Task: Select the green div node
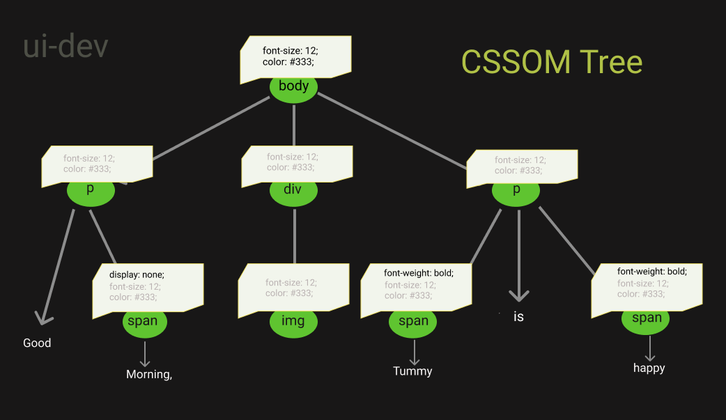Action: coord(293,191)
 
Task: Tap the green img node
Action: coord(293,322)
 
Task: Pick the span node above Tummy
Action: coord(413,322)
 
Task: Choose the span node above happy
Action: coord(646,319)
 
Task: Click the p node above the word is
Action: coord(516,191)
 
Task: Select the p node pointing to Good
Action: coord(91,191)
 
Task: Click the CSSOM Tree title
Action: coord(552,63)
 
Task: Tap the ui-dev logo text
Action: coord(65,47)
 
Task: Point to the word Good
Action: coord(37,343)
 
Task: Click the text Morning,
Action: coord(149,375)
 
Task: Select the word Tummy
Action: coord(412,371)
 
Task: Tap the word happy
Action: coord(649,368)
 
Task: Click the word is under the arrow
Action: coord(518,317)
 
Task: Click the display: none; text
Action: coord(137,275)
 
